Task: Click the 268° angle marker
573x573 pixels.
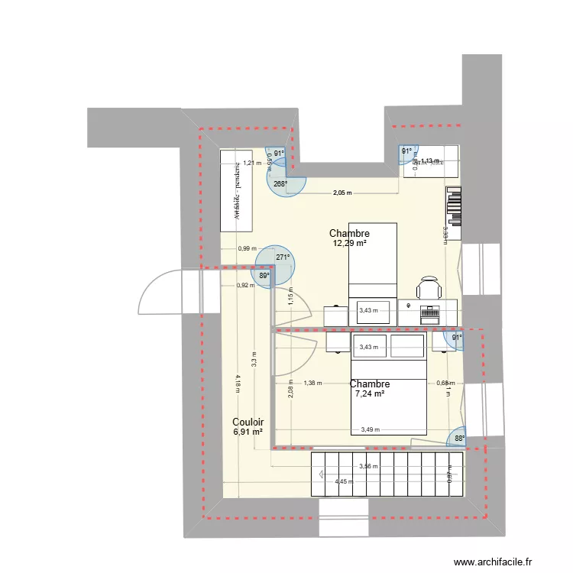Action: click(x=280, y=184)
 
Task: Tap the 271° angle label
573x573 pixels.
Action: click(x=283, y=257)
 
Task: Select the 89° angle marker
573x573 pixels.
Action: click(x=264, y=276)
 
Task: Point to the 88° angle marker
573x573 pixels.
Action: click(x=458, y=439)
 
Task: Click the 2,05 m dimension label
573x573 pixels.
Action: click(x=342, y=193)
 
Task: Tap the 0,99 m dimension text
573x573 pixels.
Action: click(x=247, y=248)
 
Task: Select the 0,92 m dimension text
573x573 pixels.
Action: click(x=246, y=286)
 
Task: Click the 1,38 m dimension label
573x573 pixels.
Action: click(x=312, y=384)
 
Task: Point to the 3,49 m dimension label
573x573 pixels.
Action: click(x=371, y=429)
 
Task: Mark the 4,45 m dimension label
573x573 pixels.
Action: click(x=345, y=481)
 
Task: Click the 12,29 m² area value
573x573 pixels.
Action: click(x=349, y=244)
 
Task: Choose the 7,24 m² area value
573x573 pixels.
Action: click(x=369, y=394)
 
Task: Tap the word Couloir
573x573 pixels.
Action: click(x=248, y=422)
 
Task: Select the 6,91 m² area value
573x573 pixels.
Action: click(x=248, y=432)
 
